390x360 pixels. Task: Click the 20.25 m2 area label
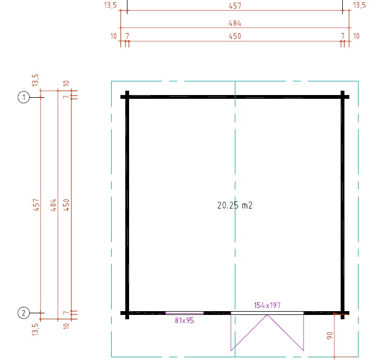tap(235, 205)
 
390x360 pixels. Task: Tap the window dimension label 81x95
tap(184, 320)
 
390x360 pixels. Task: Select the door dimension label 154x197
tap(267, 306)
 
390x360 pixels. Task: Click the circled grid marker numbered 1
tap(24, 97)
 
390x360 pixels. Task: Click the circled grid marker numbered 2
tap(24, 313)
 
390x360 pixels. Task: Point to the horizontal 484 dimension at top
tap(235, 23)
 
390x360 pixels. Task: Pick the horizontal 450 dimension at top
tap(235, 36)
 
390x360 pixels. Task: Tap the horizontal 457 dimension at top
tap(235, 6)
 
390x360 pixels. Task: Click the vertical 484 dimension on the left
tap(54, 205)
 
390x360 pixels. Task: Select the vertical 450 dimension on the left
tap(66, 205)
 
